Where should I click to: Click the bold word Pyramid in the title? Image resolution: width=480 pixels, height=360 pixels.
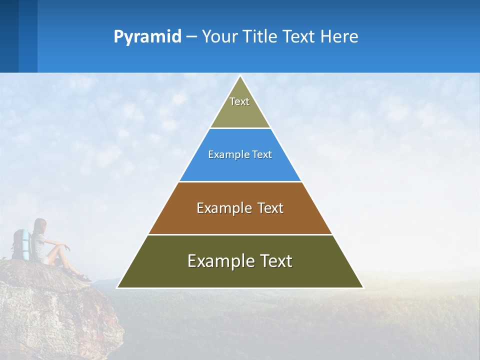(147, 37)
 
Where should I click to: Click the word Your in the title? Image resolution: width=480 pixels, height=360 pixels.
(219, 37)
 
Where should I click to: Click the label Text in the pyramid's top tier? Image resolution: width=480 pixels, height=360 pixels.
(239, 101)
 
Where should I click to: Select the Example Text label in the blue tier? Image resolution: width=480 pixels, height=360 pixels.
(240, 154)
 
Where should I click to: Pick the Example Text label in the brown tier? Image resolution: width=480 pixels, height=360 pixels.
(240, 208)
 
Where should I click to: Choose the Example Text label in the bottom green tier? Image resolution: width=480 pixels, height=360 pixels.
(240, 261)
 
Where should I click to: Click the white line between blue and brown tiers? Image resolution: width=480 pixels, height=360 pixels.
(240, 181)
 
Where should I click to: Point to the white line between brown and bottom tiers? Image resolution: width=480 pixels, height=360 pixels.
(240, 234)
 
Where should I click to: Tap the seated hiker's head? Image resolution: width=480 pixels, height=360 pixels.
(40, 225)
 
